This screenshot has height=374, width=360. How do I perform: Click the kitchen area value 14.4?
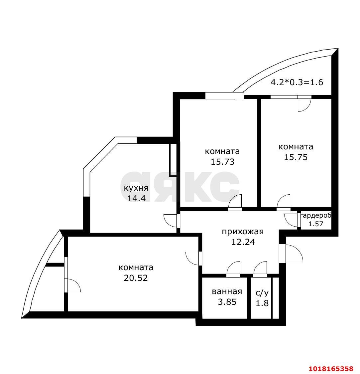pos(136,198)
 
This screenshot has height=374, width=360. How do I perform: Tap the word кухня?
pos(136,188)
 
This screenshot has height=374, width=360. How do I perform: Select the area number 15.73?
pos(222,162)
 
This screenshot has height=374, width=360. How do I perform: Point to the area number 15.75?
pos(296,157)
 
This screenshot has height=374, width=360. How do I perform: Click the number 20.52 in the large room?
pos(136,278)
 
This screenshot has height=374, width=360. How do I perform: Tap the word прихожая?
pos(243,232)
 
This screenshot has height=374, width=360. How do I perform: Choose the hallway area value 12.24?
pos(243,242)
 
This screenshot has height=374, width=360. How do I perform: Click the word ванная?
pos(227,291)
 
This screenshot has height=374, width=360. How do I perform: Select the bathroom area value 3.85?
pos(227,302)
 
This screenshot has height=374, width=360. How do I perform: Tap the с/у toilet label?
pos(262,293)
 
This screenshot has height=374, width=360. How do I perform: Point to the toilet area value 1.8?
pos(262,303)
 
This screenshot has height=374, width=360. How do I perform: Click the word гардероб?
pos(316,215)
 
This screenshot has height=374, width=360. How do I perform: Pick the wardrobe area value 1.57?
pos(316,224)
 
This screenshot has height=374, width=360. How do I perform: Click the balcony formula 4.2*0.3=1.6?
pos(297,82)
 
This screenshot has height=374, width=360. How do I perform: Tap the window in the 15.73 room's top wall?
pos(225,95)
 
